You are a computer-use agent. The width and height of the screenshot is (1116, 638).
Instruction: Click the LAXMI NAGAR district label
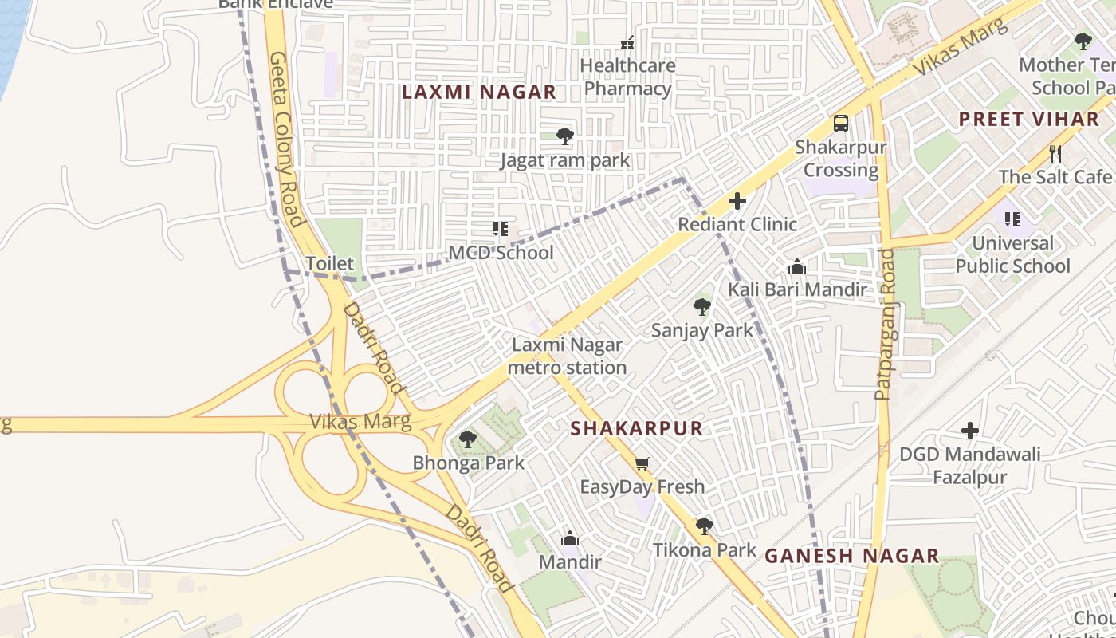coord(478,92)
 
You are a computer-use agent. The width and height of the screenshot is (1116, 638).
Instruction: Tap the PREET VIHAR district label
coord(1028,120)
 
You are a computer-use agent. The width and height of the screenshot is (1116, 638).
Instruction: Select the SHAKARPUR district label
coord(636,428)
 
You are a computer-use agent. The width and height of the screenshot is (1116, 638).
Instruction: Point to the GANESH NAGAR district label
coord(852,556)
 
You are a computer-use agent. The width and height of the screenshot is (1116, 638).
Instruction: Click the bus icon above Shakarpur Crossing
coord(841,124)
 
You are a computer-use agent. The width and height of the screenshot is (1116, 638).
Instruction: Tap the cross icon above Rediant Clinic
coord(737,200)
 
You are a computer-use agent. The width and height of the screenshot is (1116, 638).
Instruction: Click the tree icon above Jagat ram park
coord(565,136)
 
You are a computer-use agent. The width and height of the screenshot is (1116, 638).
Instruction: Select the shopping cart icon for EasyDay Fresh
coord(642,463)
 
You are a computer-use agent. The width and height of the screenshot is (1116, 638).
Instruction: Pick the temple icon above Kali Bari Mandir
coord(796,266)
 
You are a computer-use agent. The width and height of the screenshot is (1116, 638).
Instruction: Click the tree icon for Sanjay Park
coord(701,306)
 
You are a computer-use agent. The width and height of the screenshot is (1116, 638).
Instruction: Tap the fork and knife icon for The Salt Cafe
coord(1055,153)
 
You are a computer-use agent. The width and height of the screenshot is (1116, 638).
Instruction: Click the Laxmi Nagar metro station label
coord(567,356)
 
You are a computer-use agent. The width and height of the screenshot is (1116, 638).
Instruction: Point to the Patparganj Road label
coord(886,324)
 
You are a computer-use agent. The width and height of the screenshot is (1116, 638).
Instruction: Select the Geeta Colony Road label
coord(285,140)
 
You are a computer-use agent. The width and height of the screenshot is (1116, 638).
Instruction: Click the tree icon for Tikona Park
coord(704,526)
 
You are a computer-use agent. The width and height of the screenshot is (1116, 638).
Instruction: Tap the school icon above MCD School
coord(501,230)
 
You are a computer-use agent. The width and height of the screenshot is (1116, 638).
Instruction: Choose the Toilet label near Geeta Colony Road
coord(329,263)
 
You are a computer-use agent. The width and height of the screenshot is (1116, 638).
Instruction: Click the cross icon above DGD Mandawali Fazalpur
coord(969,431)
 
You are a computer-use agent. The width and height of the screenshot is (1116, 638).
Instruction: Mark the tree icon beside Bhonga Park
coord(468,439)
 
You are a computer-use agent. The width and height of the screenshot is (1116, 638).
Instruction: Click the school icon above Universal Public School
coord(1012,219)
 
